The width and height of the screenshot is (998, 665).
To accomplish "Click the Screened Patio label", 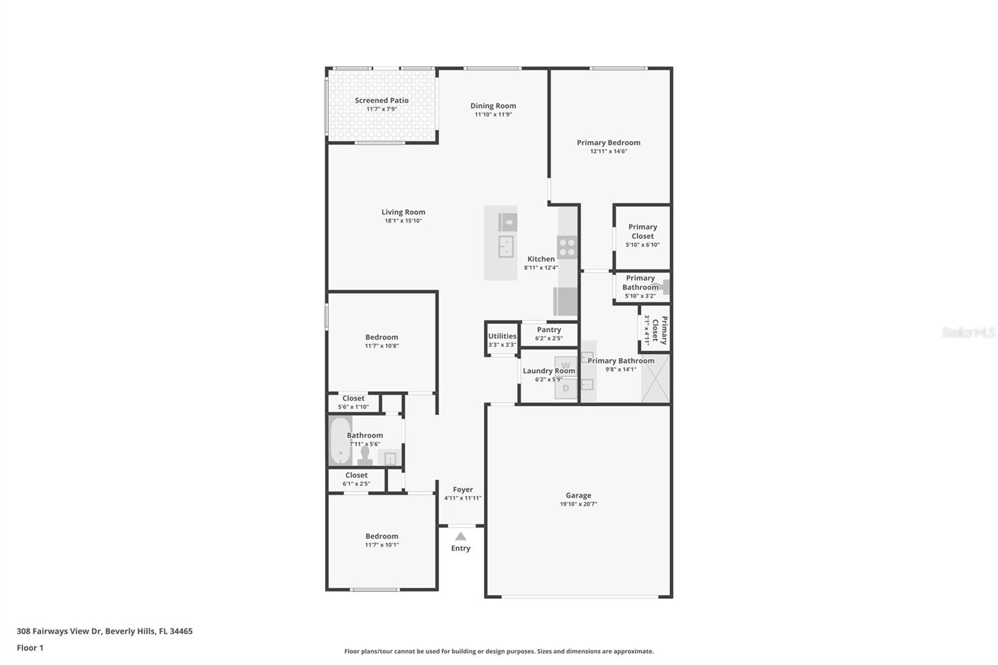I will point(381,100).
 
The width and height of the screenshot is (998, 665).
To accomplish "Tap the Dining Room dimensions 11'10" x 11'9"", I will point(493,115).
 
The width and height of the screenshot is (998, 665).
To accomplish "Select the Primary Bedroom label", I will point(608,143).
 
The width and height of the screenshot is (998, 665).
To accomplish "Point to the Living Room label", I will point(403,212).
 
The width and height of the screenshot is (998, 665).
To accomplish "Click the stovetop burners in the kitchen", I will point(567,248).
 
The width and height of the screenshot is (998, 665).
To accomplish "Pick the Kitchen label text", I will point(541,259).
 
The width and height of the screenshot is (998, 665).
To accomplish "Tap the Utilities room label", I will point(502,336).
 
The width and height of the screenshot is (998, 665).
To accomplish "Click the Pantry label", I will point(549,330).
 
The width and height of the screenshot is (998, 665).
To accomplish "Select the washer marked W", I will point(566,365).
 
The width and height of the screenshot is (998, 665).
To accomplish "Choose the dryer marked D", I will point(566,388).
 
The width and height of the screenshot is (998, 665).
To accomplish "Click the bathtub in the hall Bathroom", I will point(340,441).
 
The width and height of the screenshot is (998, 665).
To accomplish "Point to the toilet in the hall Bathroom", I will point(365,456).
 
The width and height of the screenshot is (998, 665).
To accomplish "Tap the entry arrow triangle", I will point(460,536).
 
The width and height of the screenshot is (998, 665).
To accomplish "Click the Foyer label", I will point(463,490).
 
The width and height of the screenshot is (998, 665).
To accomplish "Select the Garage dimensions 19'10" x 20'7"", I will point(578,504).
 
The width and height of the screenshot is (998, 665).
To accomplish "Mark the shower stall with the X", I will point(655,379).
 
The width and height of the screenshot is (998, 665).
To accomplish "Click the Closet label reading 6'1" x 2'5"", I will point(356,475).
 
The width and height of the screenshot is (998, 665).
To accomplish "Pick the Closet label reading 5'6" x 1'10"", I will point(353,399).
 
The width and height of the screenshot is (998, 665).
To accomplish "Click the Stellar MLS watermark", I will point(968,332).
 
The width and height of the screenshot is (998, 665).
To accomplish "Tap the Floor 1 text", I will point(30,648).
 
